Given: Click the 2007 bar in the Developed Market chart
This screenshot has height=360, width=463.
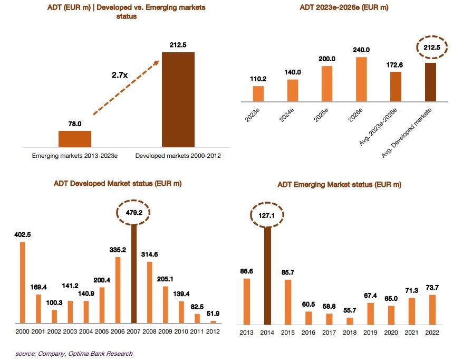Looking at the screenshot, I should (x=134, y=274).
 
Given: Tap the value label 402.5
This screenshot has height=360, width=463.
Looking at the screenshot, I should (x=22, y=234).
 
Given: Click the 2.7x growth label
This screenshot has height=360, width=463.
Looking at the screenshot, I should (x=120, y=75).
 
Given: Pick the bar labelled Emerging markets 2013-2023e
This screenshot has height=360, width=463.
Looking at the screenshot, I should (x=74, y=139).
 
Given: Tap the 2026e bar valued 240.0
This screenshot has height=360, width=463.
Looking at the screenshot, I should (x=361, y=79).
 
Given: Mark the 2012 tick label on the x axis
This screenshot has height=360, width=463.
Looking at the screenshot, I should (x=214, y=333).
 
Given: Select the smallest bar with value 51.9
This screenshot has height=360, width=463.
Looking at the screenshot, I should (x=214, y=321).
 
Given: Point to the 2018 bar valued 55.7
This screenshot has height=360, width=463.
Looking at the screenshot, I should (x=350, y=321).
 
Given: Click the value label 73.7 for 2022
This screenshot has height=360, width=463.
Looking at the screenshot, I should (x=432, y=287).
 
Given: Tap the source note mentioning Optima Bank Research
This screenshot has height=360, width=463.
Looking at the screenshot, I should (x=73, y=353).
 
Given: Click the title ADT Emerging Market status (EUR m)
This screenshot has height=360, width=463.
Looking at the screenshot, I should (x=339, y=185).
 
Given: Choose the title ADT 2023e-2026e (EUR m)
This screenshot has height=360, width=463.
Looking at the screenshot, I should (x=344, y=7).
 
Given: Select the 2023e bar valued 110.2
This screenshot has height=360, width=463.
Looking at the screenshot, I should (x=258, y=93).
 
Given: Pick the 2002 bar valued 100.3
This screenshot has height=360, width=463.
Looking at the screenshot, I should (x=54, y=316).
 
